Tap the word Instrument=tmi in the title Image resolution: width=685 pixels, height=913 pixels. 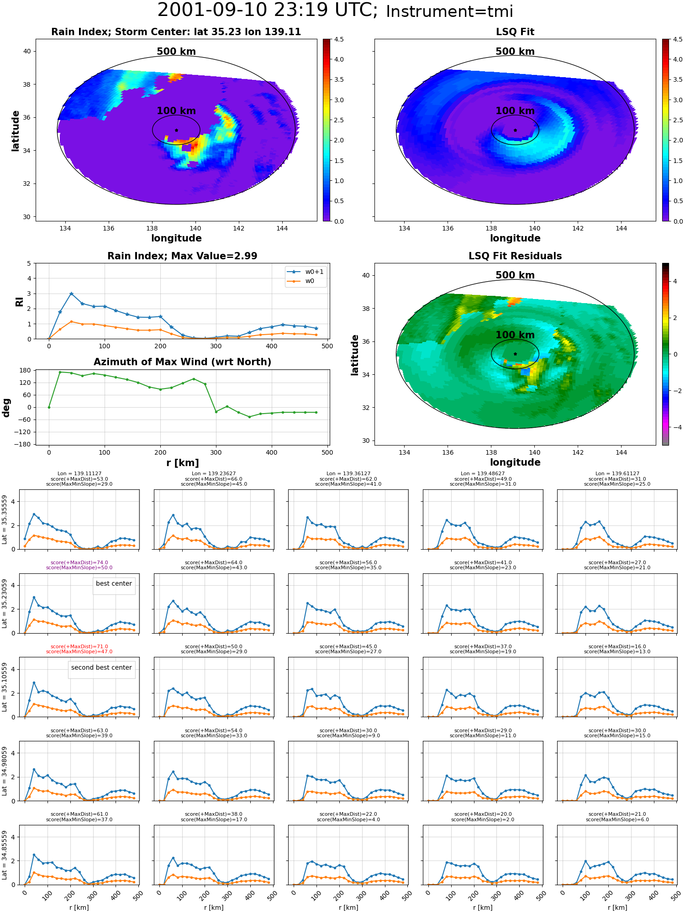pos(449,12)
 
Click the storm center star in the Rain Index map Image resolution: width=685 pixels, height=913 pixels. pos(176,130)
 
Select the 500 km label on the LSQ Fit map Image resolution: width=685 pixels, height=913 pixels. pos(515,52)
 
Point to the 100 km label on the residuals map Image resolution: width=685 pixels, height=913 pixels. pos(515,335)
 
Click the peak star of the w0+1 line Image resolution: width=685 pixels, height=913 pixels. pos(71,294)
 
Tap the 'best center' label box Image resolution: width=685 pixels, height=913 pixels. pos(114,583)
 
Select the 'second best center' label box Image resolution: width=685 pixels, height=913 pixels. pos(101,667)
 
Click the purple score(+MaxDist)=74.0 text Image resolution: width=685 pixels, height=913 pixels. pos(79,562)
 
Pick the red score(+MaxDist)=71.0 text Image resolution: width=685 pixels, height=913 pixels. pos(79,646)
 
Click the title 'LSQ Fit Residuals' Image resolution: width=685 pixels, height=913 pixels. pos(515,256)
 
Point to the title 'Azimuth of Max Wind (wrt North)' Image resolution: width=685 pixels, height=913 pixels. pos(182,362)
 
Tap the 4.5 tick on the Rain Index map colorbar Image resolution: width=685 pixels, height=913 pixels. pos(339,40)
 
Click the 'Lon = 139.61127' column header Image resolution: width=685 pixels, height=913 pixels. pos(617,474)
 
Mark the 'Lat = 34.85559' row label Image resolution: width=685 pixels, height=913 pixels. pos(5,855)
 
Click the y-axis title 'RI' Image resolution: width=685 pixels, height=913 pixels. pos(19,302)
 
